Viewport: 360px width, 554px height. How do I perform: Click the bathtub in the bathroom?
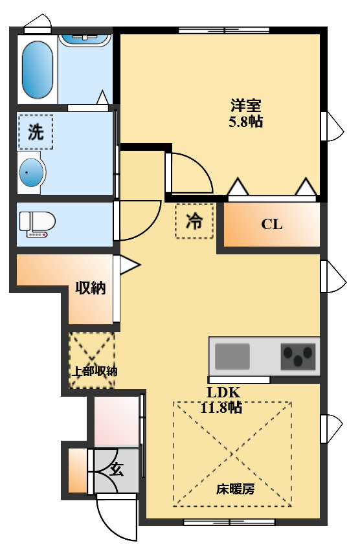click(x=38, y=70)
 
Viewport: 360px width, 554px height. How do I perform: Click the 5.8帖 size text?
click(x=246, y=122)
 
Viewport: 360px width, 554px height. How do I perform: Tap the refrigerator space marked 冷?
click(x=194, y=221)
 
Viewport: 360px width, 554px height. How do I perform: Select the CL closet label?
click(x=272, y=225)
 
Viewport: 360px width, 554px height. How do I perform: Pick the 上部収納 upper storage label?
click(x=93, y=371)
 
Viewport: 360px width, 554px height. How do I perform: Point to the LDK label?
click(x=223, y=392)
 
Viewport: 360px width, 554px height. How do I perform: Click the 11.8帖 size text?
click(x=223, y=408)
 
